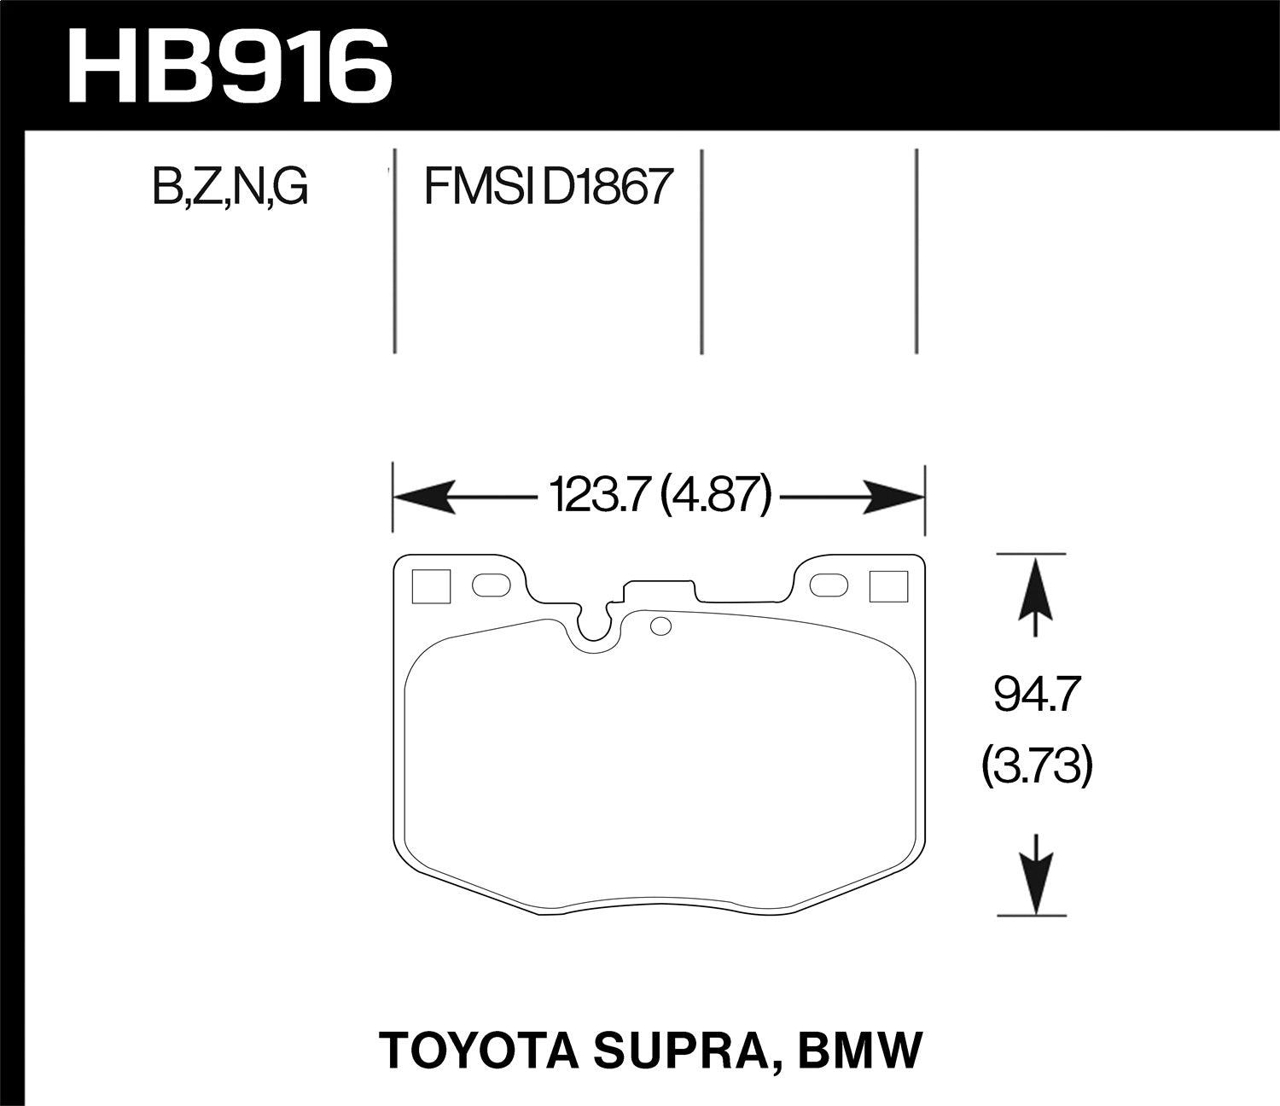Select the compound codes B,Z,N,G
(230, 187)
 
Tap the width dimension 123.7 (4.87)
(660, 495)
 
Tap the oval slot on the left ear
(489, 585)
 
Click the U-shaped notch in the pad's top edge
(594, 623)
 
